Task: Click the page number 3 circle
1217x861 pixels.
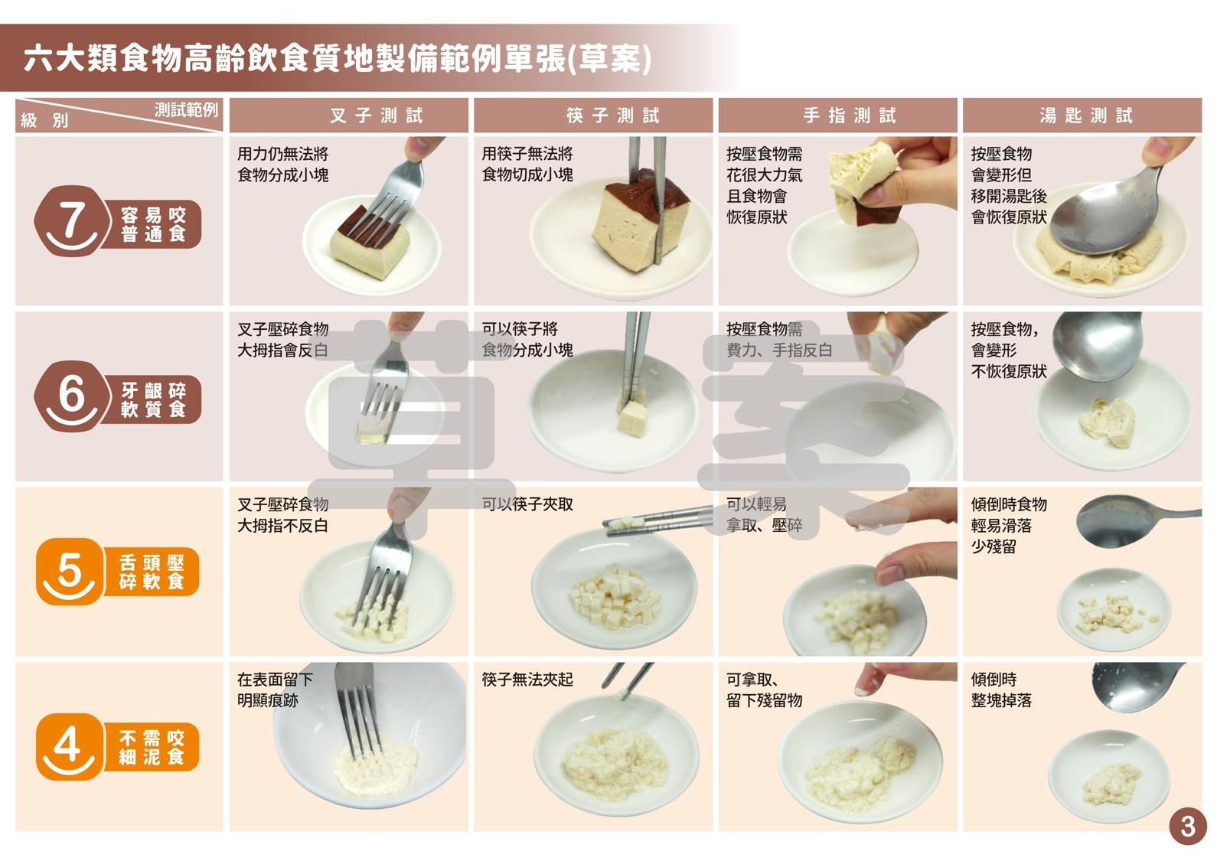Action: click(x=1188, y=827)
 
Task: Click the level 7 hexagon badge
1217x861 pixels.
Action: click(x=70, y=221)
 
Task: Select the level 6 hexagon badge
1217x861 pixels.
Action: click(x=70, y=396)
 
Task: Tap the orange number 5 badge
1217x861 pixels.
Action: click(x=70, y=571)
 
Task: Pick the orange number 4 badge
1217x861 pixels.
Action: click(x=70, y=746)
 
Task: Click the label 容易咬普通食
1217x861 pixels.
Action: click(x=153, y=224)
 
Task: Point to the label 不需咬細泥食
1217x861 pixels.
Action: click(x=152, y=747)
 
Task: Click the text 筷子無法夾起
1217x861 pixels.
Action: click(x=527, y=679)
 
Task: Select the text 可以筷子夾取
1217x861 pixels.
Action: click(x=527, y=504)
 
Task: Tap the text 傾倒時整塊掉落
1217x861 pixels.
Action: click(x=1000, y=690)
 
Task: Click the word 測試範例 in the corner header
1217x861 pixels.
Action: click(x=186, y=109)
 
